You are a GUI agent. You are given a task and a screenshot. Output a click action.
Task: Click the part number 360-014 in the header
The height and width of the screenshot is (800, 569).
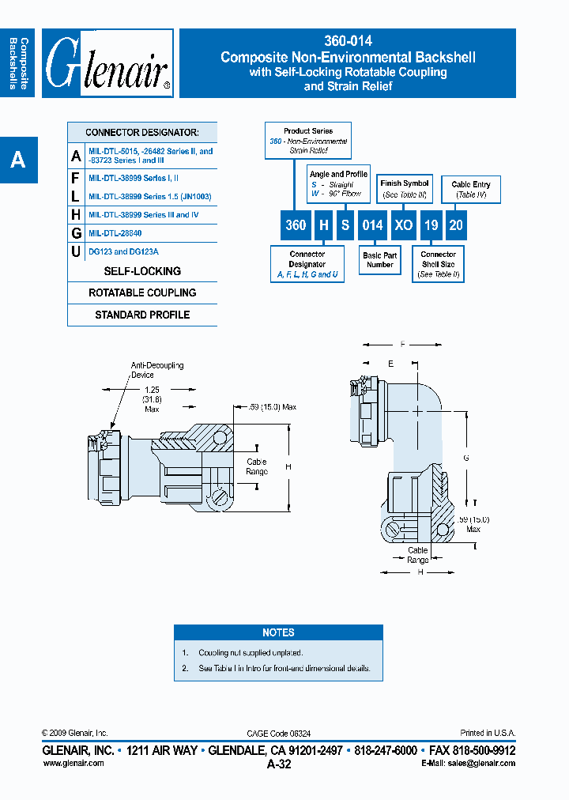[x=348, y=41]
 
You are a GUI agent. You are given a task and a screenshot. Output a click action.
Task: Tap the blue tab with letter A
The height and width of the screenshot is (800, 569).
[x=18, y=160]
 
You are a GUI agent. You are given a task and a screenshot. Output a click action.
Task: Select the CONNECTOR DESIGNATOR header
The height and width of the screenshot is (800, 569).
[x=142, y=133]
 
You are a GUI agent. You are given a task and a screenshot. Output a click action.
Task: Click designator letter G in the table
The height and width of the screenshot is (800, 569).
[x=76, y=233]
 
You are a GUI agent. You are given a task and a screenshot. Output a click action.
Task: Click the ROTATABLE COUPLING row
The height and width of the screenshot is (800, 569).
[x=142, y=292]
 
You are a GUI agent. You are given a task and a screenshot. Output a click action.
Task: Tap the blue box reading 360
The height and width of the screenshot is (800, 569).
[x=296, y=225]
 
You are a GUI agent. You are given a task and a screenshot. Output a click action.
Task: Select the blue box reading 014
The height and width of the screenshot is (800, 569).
[x=372, y=225]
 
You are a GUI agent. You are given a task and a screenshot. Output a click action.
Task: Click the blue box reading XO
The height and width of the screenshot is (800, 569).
[x=404, y=225]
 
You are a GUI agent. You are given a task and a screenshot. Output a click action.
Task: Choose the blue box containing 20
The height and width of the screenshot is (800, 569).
[x=456, y=225]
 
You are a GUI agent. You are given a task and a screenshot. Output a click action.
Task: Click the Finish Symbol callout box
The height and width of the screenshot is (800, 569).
[x=405, y=189]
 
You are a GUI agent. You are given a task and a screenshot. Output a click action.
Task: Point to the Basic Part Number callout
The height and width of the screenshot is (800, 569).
[x=380, y=260]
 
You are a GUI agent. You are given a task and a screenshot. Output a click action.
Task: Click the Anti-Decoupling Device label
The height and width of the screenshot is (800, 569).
[x=156, y=370]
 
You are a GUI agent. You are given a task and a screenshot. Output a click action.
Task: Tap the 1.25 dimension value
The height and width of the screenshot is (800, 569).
[x=153, y=391]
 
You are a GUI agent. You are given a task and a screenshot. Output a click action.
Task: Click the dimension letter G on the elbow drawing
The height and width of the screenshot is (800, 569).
[x=466, y=458]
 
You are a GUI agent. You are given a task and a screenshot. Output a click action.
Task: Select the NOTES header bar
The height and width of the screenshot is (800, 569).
[x=278, y=632]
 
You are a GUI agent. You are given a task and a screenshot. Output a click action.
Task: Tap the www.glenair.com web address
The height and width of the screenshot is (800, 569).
[x=73, y=763]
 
